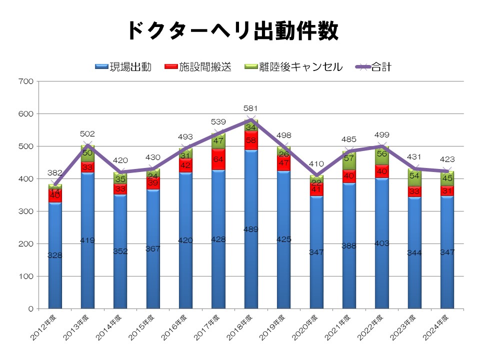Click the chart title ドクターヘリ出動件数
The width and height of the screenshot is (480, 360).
click(233, 31)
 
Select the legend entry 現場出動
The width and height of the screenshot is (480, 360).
click(123, 66)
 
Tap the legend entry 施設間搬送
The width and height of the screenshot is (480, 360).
click(198, 66)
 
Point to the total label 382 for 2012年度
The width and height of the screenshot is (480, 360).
click(55, 172)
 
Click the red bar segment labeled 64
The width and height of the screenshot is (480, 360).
click(218, 159)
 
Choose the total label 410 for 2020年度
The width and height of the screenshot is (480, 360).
click(316, 163)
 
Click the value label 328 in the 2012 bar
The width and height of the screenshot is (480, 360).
click(55, 255)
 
